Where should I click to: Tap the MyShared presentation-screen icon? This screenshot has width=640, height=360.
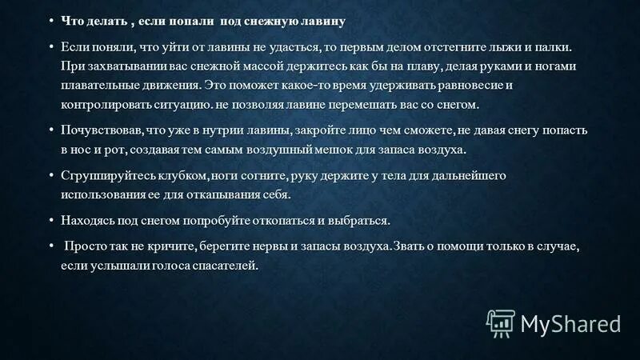pyautogui.click(x=501, y=322)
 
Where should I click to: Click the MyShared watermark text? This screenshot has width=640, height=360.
pyautogui.click(x=570, y=322)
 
